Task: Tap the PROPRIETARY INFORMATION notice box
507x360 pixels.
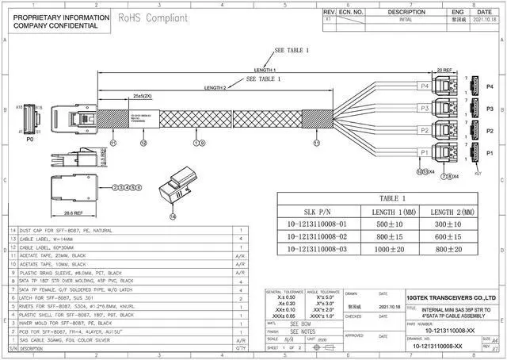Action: (55, 21)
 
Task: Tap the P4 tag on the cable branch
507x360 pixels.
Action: (424, 86)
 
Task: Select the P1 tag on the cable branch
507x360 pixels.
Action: (424, 151)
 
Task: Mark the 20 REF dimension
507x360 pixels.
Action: (444, 70)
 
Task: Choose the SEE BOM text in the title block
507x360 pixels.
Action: (301, 324)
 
